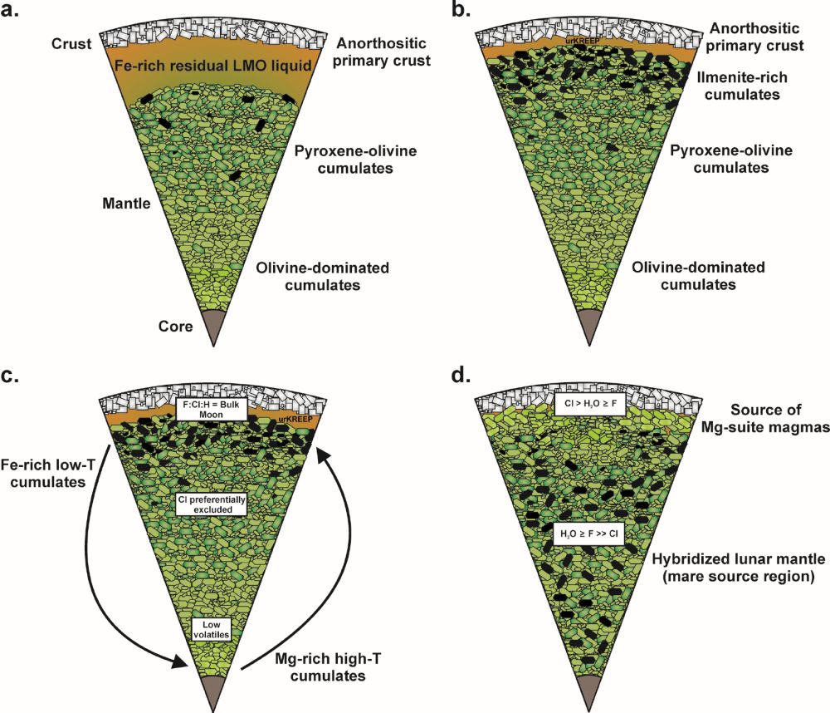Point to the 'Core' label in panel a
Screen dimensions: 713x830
[175, 327]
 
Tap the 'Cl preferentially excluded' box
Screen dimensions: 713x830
[207, 504]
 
